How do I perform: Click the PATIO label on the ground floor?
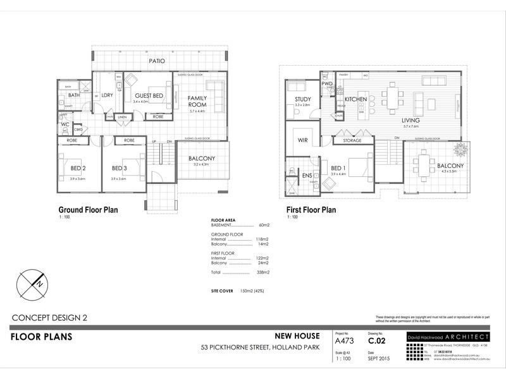pos(157,61)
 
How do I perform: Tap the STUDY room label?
pos(302,99)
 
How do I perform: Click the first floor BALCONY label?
pos(450,166)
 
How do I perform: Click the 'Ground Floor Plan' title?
pos(88,210)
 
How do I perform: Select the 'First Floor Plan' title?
pos(311,210)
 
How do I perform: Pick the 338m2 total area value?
pos(262,272)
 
